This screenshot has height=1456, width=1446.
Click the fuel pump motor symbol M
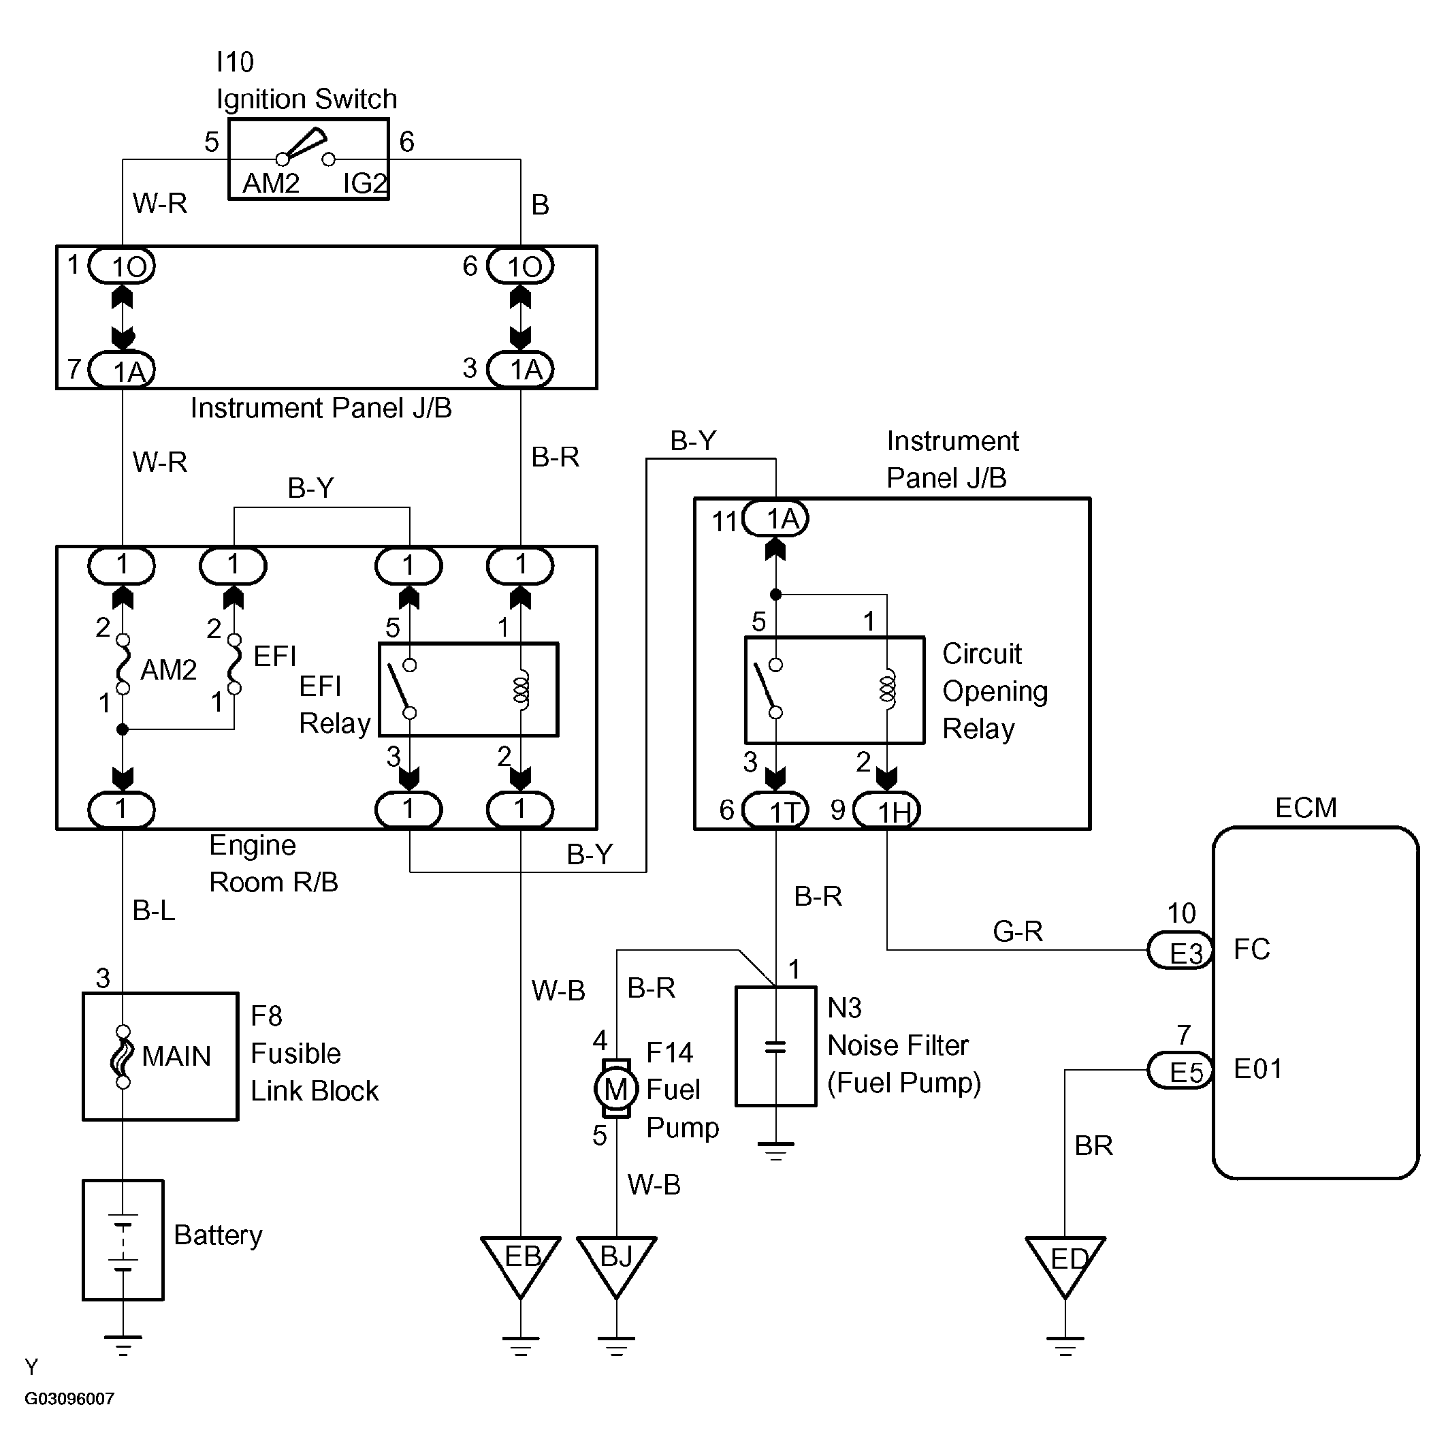tap(615, 1088)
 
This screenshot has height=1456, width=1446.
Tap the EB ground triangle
tap(521, 1263)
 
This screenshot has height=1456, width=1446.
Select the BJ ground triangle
tap(616, 1263)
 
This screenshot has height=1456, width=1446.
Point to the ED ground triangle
tap(1065, 1263)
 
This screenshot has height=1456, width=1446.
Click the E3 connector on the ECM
tap(1180, 950)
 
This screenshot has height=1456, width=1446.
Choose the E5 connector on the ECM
tap(1180, 1070)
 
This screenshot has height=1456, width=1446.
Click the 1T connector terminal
tap(775, 810)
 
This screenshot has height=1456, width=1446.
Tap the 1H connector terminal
tap(887, 810)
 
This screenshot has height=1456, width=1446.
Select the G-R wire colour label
tap(1017, 932)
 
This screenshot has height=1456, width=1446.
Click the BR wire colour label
tap(1093, 1145)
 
